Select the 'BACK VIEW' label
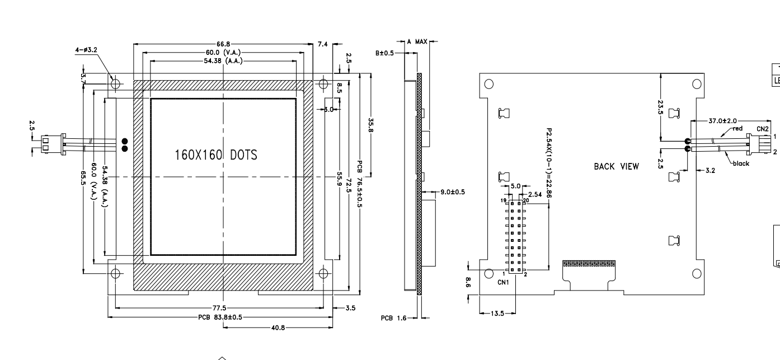click(x=616, y=166)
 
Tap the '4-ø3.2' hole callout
click(x=86, y=50)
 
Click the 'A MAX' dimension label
click(x=417, y=41)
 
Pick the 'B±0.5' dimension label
click(x=385, y=53)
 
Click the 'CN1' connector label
click(x=504, y=282)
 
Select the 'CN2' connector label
click(x=763, y=129)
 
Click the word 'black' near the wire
click(x=741, y=163)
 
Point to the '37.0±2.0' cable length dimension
click(x=723, y=120)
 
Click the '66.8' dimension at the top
click(x=223, y=43)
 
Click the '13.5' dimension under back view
click(x=496, y=314)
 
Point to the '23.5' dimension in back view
click(x=661, y=107)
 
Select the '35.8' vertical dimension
click(x=370, y=124)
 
